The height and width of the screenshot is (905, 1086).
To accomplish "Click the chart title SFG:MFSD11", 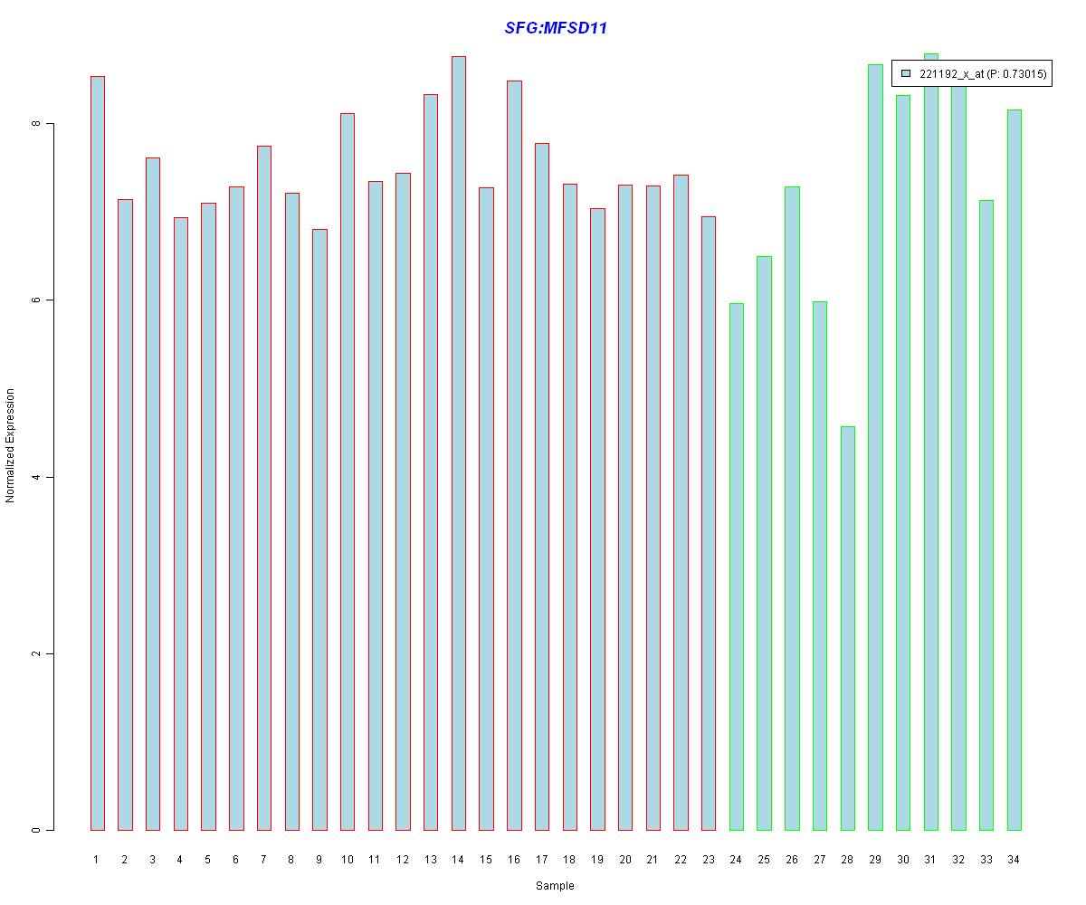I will pyautogui.click(x=556, y=28).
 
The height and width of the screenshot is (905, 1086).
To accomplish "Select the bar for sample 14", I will pyautogui.click(x=458, y=443).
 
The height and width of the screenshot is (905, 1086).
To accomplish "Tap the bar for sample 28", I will pyautogui.click(x=847, y=628).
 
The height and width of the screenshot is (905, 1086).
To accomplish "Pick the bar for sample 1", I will pyautogui.click(x=97, y=452).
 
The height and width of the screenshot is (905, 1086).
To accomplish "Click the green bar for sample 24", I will pyautogui.click(x=736, y=567).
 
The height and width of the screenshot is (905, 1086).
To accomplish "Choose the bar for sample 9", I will pyautogui.click(x=319, y=529).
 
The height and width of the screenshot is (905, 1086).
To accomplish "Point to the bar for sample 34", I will pyautogui.click(x=1014, y=470).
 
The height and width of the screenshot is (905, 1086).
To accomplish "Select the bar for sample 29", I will pyautogui.click(x=875, y=447).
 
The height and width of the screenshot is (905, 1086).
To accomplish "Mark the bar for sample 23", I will pyautogui.click(x=709, y=523).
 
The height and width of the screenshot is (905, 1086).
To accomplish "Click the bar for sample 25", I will pyautogui.click(x=764, y=543).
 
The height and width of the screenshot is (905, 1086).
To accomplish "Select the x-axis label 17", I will pyautogui.click(x=541, y=859).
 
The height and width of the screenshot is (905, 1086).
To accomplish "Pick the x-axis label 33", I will pyautogui.click(x=986, y=859).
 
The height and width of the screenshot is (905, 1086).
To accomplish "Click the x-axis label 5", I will pyautogui.click(x=208, y=859).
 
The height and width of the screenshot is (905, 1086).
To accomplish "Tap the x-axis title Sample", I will pyautogui.click(x=555, y=886).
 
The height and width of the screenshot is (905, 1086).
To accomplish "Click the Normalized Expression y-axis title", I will pyautogui.click(x=10, y=445).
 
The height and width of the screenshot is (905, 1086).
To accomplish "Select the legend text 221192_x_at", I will pyautogui.click(x=951, y=74).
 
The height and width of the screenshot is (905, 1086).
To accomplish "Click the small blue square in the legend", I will pyautogui.click(x=906, y=73).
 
